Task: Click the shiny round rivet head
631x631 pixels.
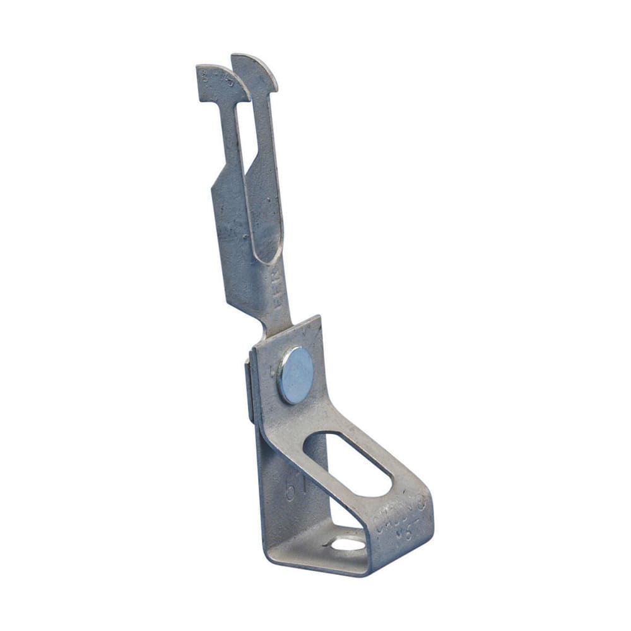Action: click(x=296, y=375)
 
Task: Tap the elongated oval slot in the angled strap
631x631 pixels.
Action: click(x=347, y=464)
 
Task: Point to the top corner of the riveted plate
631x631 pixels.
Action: click(x=319, y=319)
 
